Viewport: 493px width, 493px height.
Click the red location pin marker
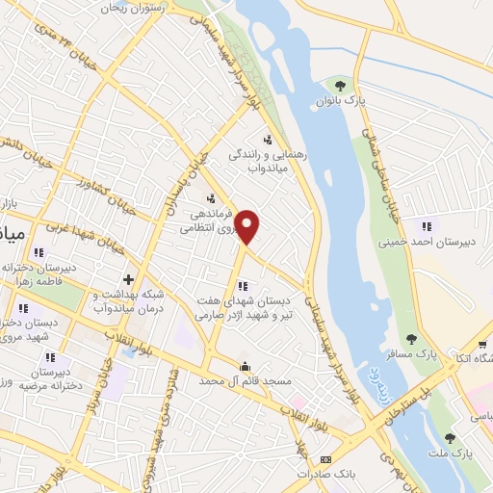click(248, 226)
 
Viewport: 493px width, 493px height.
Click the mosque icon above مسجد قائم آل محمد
click(246, 366)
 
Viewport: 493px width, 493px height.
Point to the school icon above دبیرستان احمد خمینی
click(425, 225)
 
